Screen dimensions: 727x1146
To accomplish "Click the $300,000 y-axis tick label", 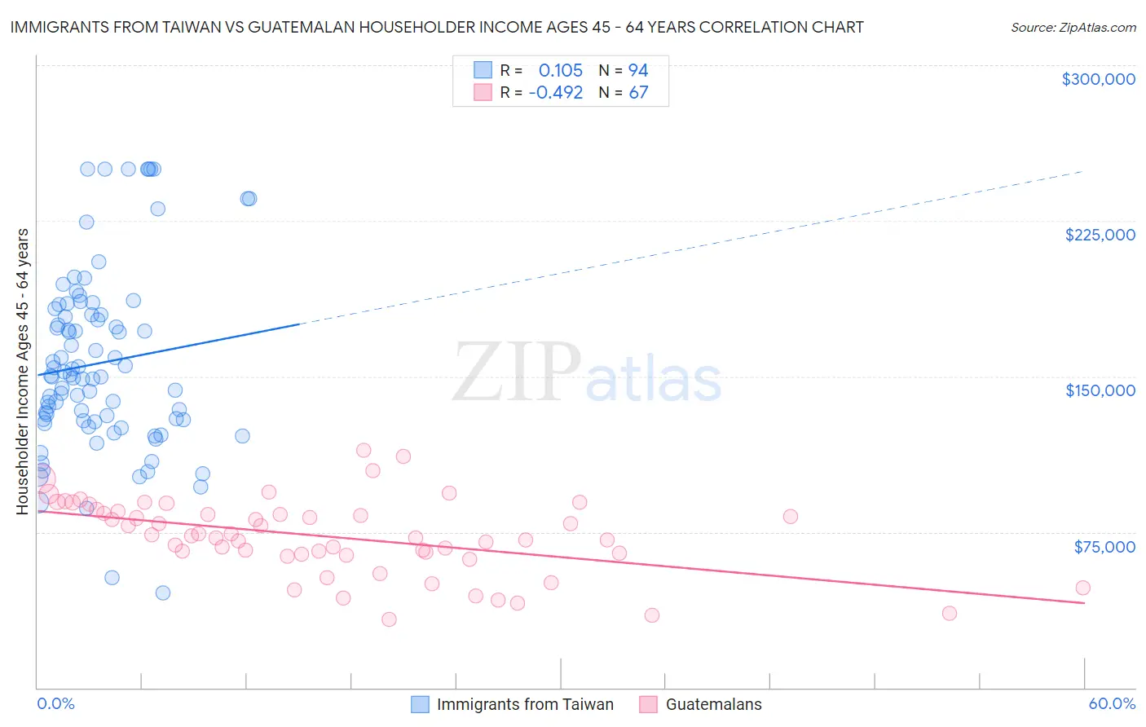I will (x=1098, y=79).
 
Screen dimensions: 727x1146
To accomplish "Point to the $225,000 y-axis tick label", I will (x=1100, y=235).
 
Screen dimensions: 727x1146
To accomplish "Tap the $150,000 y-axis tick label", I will (x=1100, y=390).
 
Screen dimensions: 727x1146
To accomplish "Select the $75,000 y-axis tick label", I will (x=1104, y=547).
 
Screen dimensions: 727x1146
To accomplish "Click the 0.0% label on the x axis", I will (x=55, y=703).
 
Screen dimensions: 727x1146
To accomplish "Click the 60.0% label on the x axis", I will (x=1111, y=703).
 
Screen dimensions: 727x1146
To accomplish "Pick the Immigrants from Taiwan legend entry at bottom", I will (x=525, y=704).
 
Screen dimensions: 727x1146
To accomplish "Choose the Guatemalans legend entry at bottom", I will (x=713, y=704).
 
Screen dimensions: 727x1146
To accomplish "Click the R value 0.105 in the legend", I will (x=561, y=71).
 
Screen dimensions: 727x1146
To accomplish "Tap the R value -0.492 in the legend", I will (x=555, y=93).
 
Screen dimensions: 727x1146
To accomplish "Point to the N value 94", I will (x=638, y=71).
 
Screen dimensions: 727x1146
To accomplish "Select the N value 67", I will (x=638, y=93).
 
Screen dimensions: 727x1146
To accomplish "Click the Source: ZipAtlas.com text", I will (x=1073, y=28).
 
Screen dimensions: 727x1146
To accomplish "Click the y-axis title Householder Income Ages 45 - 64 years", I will (x=23, y=372).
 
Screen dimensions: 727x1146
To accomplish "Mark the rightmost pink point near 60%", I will (x=1082, y=588).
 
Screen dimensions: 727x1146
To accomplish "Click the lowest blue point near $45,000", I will (x=163, y=593).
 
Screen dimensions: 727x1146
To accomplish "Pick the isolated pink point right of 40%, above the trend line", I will (x=790, y=516).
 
